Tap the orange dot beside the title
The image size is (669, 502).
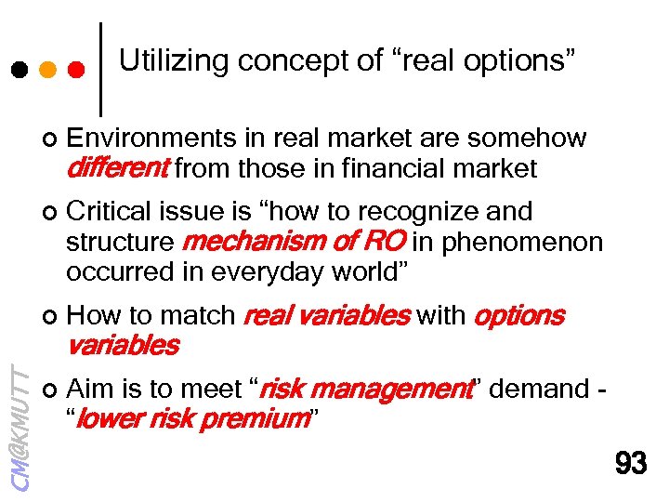tap(47, 70)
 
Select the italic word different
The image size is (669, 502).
tap(117, 168)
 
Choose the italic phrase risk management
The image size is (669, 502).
tap(365, 390)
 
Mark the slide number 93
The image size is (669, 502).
tap(631, 462)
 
